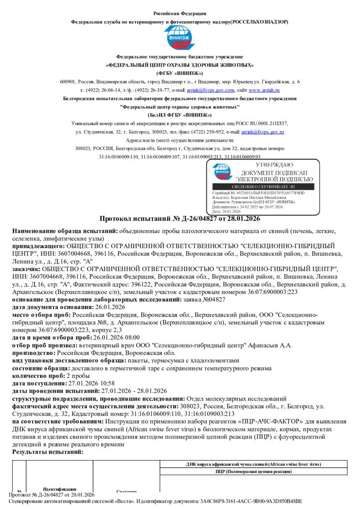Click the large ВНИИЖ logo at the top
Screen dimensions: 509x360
tap(180, 38)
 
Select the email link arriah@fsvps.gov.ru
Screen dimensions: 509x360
tap(263, 132)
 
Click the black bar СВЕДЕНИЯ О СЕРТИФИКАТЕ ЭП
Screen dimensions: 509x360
tap(265, 186)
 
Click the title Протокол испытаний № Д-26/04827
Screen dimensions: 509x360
tap(179, 219)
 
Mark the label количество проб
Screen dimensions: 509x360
tap(38, 375)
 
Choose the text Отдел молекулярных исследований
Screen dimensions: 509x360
tap(236, 398)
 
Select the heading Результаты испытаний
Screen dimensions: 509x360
tap(48, 451)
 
